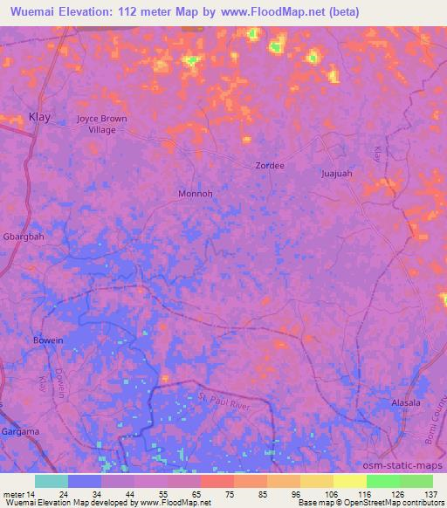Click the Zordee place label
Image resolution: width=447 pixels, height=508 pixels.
pyautogui.click(x=270, y=165)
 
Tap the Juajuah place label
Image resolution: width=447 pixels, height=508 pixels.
pyautogui.click(x=336, y=174)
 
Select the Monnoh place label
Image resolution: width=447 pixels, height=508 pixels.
pyautogui.click(x=195, y=194)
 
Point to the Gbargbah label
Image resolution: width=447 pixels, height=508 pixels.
pyautogui.click(x=23, y=236)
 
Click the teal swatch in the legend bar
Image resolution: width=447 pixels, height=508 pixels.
pyautogui.click(x=51, y=481)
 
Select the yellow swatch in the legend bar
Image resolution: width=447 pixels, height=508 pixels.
pyautogui.click(x=349, y=481)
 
